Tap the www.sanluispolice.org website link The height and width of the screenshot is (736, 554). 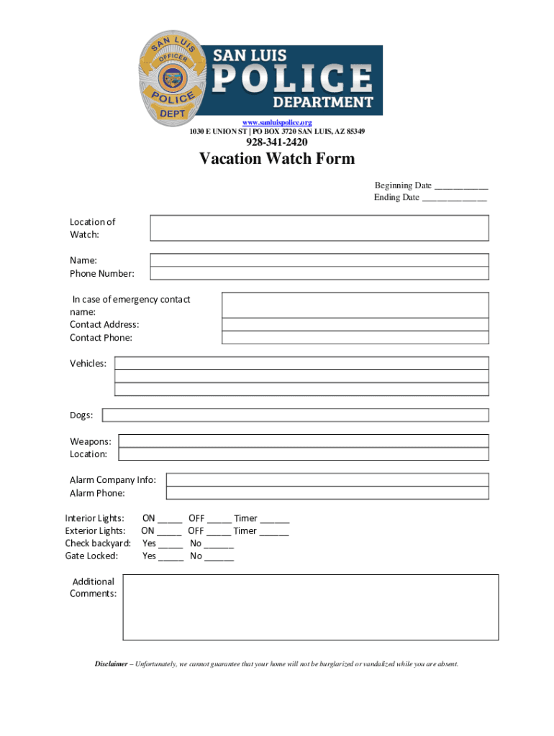tap(276, 123)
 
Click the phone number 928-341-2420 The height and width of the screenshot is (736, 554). tap(277, 142)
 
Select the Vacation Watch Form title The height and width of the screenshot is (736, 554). tap(277, 159)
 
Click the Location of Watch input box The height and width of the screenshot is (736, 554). tap(319, 228)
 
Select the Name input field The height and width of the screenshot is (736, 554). tap(319, 260)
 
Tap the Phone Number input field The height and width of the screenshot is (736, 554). tap(319, 273)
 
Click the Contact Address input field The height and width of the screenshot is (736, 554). tap(355, 325)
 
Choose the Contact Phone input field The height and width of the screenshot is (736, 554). tap(355, 338)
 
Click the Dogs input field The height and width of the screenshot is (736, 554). tap(295, 415)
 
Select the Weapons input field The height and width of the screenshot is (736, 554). tap(303, 441)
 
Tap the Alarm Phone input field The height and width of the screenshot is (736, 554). tap(327, 493)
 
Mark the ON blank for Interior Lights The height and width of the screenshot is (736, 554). tap(170, 519)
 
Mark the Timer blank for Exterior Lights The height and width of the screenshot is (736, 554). tap(273, 532)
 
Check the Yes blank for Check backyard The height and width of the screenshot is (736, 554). tap(171, 545)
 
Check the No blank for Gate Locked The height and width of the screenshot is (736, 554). tap(219, 557)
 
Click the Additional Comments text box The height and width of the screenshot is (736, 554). tap(310, 607)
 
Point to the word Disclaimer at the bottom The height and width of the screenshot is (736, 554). tap(112, 664)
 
